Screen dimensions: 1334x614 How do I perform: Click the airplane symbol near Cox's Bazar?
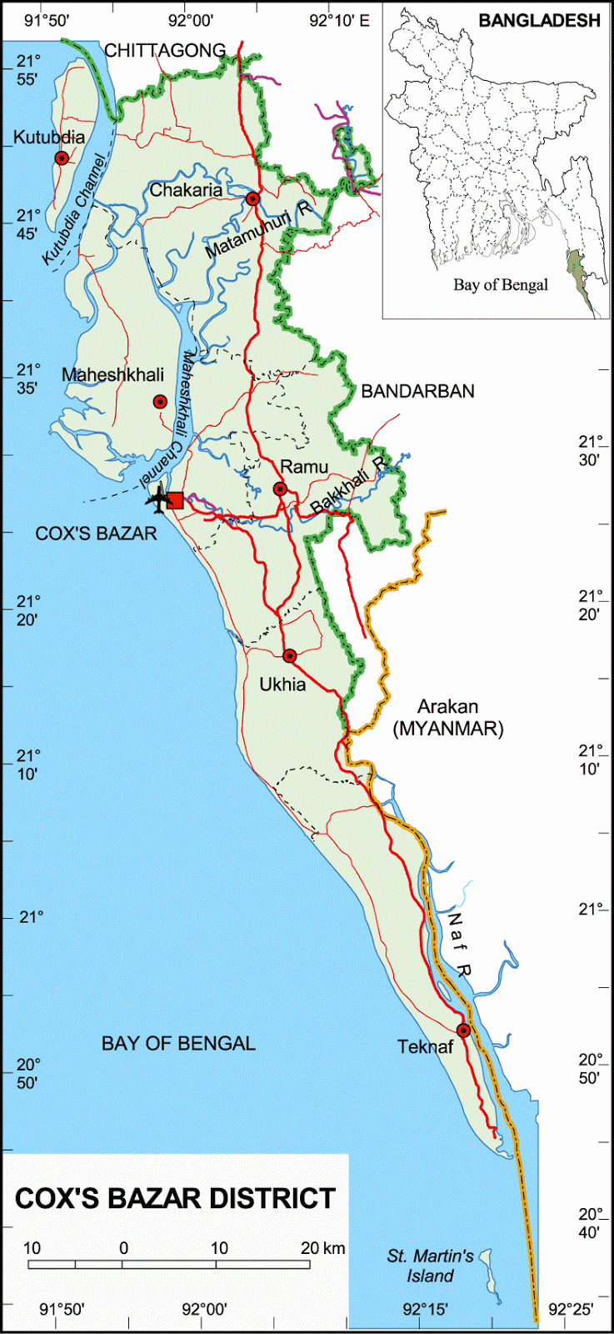(157, 500)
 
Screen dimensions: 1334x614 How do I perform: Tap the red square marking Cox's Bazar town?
(175, 500)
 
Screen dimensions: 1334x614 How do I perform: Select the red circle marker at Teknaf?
(464, 1031)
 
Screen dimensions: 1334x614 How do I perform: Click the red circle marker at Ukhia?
(289, 656)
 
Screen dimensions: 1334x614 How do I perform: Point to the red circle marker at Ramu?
(281, 489)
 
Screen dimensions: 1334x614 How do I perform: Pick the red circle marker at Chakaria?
(252, 198)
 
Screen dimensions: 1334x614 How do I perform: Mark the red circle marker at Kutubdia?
(61, 158)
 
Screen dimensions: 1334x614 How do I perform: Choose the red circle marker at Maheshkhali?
(160, 402)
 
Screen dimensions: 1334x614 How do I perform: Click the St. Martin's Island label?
(430, 1266)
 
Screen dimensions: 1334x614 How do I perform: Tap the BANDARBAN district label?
(417, 391)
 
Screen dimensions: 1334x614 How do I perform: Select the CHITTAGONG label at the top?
(165, 51)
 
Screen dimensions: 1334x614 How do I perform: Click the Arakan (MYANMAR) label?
(448, 718)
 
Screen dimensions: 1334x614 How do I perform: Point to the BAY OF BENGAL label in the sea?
(178, 1043)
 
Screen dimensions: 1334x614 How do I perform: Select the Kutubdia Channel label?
(74, 210)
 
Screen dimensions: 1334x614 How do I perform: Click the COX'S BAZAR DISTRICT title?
(175, 1198)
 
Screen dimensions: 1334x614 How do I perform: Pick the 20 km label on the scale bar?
(322, 1248)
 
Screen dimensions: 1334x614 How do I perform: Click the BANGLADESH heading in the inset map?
(539, 21)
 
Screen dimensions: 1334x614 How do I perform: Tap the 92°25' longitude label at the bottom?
(570, 1309)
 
